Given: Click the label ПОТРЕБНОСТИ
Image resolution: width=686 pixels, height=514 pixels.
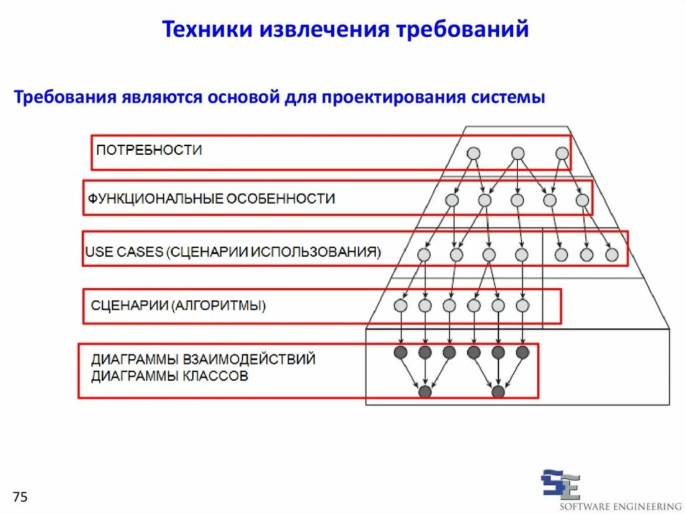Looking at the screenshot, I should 149,150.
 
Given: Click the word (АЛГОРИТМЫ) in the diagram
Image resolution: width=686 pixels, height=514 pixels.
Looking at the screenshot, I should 219,306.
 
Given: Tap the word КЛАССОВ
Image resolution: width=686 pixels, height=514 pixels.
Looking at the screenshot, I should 215,376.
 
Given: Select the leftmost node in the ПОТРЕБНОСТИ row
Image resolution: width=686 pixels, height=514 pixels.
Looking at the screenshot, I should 473,153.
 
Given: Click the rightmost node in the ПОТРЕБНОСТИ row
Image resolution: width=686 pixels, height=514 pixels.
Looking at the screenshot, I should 562,153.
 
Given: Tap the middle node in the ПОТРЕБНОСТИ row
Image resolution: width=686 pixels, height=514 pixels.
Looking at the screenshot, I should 518,153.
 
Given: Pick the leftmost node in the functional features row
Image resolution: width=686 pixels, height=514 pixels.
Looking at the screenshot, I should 452,200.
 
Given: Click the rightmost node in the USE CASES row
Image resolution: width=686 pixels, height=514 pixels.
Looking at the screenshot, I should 612,255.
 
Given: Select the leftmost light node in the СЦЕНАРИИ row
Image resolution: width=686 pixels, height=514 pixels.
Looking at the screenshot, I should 401,306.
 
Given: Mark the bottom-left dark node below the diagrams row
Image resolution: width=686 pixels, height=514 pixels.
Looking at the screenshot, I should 425,391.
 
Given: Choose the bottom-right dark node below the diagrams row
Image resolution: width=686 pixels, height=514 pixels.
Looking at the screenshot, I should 498,391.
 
